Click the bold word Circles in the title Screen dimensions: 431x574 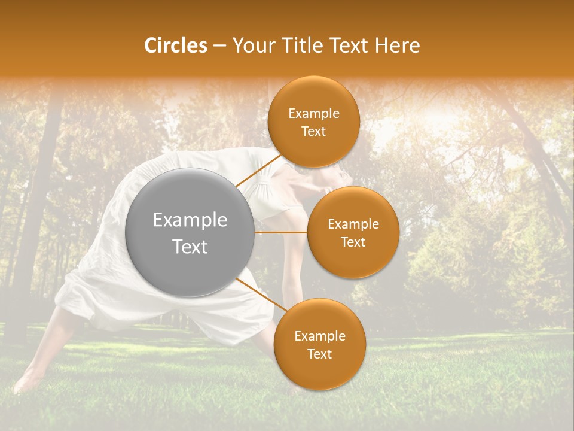point(175,45)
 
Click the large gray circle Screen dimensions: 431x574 point(190,232)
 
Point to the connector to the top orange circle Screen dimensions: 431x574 point(259,170)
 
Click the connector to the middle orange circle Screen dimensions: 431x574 point(280,232)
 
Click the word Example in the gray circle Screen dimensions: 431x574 point(190,220)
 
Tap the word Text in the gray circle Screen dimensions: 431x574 point(190,247)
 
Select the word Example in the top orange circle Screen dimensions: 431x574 point(313,113)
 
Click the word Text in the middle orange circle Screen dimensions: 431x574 point(353,242)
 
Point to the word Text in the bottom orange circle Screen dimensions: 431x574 point(319,354)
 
